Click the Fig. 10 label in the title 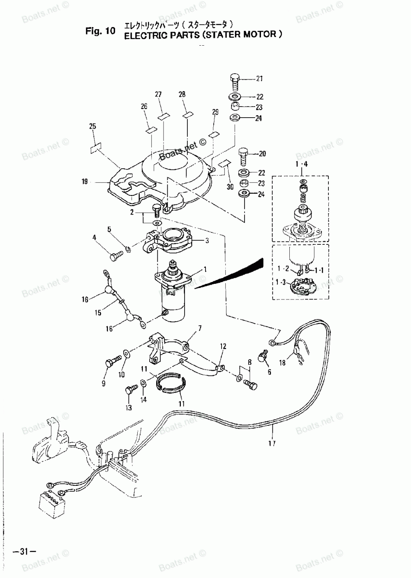click(x=100, y=31)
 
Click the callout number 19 click(x=85, y=181)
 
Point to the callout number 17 click(x=272, y=443)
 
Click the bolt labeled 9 click(x=110, y=362)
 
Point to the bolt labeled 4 click(x=114, y=257)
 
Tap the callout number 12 click(x=223, y=346)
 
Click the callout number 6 click(x=269, y=372)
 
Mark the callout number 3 click(x=207, y=241)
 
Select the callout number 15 click(x=98, y=313)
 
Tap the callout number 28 click(x=182, y=95)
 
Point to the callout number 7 click(x=200, y=328)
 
